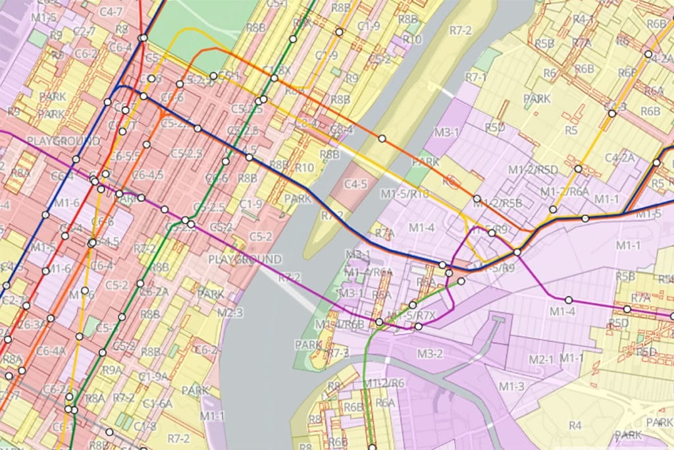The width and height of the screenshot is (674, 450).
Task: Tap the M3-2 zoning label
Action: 429,354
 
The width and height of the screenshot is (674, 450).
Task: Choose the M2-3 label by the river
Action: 230,312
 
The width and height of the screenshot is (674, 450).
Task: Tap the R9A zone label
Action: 112,370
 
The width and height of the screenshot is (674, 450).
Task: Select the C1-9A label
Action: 153,376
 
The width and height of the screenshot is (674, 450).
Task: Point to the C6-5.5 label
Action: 125,156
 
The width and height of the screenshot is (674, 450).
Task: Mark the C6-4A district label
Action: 51,351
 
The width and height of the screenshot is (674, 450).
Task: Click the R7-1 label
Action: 475,77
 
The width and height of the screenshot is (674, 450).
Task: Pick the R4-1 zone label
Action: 583,19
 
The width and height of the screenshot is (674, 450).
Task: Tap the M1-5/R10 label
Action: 405,193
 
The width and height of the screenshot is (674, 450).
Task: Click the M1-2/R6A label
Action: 564,192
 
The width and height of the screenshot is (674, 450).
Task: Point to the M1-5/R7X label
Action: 412,314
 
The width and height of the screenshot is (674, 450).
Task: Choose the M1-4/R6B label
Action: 339,324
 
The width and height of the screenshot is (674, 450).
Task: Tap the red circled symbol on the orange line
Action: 451,181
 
